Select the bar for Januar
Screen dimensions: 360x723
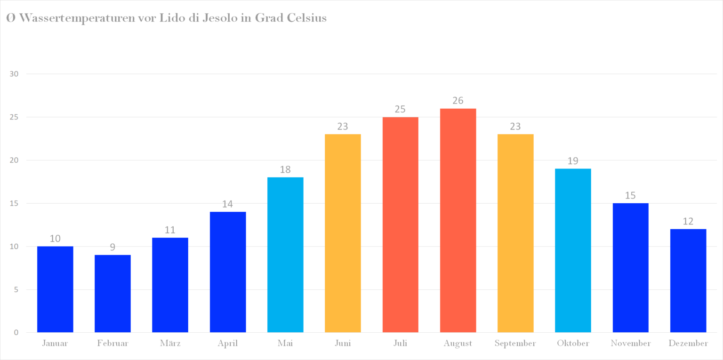pyautogui.click(x=55, y=289)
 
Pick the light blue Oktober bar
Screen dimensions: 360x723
pyautogui.click(x=573, y=250)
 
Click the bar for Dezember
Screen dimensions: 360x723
pyautogui.click(x=688, y=280)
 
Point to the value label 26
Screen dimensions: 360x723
pyautogui.click(x=458, y=101)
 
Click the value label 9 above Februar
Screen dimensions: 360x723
pyautogui.click(x=112, y=247)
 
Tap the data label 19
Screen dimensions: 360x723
pyautogui.click(x=573, y=161)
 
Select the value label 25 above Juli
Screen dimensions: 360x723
pyautogui.click(x=400, y=109)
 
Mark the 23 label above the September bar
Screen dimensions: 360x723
pyautogui.click(x=515, y=127)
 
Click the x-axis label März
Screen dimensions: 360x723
pyautogui.click(x=170, y=344)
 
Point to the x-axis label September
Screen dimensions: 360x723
pyautogui.click(x=515, y=344)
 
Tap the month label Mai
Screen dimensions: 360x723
pyautogui.click(x=285, y=344)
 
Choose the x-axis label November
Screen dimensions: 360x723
pyautogui.click(x=631, y=344)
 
